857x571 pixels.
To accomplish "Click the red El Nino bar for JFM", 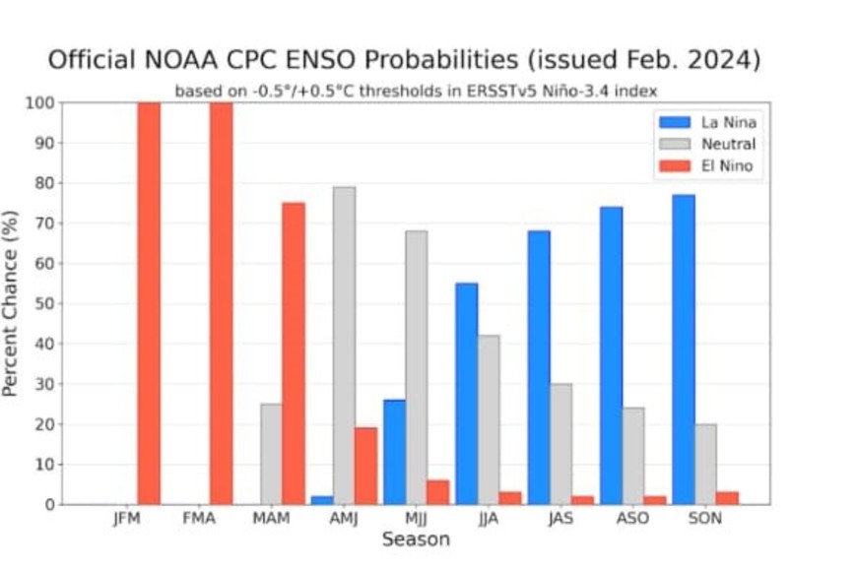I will tap(149, 303).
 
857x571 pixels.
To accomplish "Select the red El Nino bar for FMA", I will tap(221, 303).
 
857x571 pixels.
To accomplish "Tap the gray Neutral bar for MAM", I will tap(271, 454).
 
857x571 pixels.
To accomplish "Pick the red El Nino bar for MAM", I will tap(294, 353).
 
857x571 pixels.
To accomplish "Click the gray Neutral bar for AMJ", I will tap(344, 346).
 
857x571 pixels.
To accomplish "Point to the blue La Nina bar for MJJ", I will tap(394, 452).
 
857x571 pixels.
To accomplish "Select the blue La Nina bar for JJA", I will tap(466, 394).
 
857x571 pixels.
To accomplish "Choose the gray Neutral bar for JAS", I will tap(560, 444).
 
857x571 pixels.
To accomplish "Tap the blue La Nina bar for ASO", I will tap(611, 355).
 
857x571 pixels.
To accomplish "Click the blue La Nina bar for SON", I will tap(683, 349).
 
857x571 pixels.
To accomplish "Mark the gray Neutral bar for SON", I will tap(705, 464).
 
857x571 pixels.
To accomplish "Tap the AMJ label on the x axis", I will tap(343, 519).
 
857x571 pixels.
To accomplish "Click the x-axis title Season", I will tap(415, 539).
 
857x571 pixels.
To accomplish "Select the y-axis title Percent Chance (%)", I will tap(12, 303).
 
